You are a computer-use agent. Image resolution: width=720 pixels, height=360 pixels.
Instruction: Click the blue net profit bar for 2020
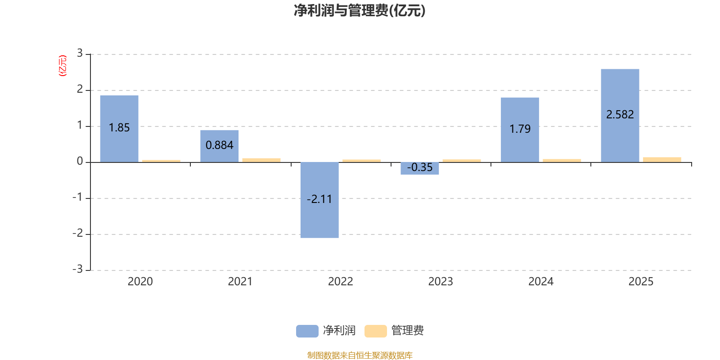(119, 129)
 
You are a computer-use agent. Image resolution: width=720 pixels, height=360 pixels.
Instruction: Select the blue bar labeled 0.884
(220, 146)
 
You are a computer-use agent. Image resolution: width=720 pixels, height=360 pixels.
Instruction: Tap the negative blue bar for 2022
(319, 200)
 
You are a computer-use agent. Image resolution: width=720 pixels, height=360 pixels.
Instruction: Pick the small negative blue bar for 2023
(420, 168)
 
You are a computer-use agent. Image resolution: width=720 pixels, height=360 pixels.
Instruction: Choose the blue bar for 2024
(520, 130)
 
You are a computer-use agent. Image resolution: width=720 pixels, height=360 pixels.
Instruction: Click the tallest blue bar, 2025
(620, 116)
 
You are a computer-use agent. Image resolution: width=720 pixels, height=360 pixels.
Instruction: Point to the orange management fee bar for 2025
(662, 160)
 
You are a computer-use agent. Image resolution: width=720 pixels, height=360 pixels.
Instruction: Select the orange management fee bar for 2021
(261, 160)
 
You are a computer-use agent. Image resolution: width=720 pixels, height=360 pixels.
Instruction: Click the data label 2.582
(620, 114)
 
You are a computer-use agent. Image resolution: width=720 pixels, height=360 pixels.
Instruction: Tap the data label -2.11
(319, 199)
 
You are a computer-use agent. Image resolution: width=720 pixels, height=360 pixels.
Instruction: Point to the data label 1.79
(520, 129)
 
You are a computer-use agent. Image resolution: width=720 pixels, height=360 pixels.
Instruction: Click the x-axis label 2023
(441, 282)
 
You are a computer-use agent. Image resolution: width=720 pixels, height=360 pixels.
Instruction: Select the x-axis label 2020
(140, 282)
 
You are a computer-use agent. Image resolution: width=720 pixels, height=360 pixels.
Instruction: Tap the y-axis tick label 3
(80, 53)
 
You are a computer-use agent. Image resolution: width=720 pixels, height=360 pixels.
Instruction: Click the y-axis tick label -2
(78, 233)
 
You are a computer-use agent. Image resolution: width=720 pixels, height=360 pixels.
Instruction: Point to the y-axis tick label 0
(80, 161)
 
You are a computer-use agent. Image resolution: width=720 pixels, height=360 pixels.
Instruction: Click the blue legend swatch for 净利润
(307, 331)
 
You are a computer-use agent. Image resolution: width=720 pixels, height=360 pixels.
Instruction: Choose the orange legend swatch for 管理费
(375, 331)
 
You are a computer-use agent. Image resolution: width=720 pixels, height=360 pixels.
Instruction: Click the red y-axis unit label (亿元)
(63, 66)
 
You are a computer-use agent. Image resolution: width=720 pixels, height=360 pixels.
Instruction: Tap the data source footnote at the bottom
(360, 355)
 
